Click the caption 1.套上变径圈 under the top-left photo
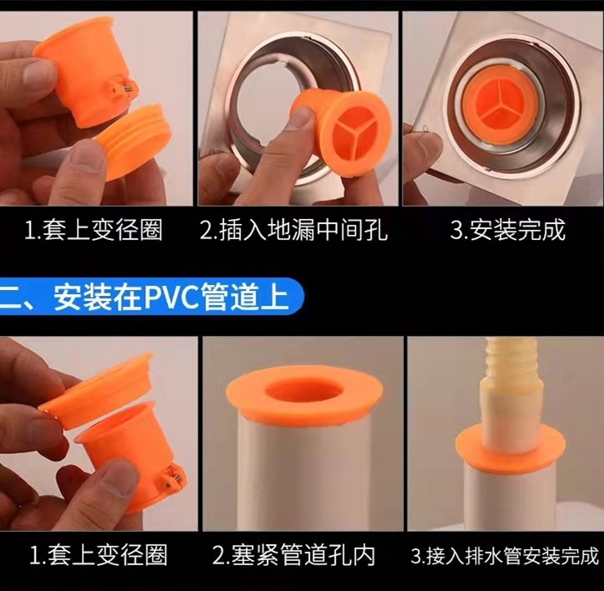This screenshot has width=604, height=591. [x=94, y=230]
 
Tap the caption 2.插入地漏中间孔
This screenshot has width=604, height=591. [x=293, y=230]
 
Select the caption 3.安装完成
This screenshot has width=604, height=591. [x=508, y=230]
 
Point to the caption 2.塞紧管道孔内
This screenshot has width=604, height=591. [x=294, y=556]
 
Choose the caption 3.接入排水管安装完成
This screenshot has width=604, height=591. [x=505, y=556]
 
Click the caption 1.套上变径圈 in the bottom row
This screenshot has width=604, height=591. [x=99, y=556]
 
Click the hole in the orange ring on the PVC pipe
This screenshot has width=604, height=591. [x=303, y=392]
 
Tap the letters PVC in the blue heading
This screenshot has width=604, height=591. [x=172, y=297]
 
